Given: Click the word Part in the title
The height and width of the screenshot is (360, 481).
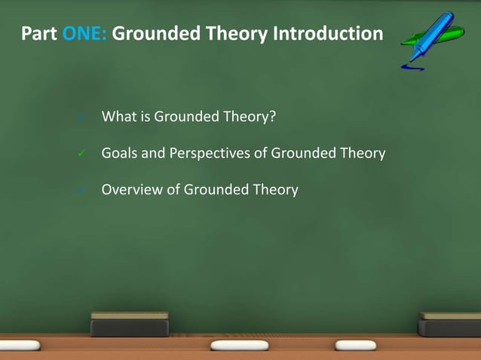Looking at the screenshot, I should pyautogui.click(x=38, y=34).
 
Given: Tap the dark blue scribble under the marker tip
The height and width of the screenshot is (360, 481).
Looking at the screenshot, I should pyautogui.click(x=412, y=68).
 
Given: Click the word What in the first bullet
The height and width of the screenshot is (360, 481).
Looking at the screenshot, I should pyautogui.click(x=118, y=117).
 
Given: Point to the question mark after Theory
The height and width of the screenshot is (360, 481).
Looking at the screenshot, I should pyautogui.click(x=266, y=117).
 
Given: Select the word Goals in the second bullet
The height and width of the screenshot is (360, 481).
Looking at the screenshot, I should pyautogui.click(x=120, y=154).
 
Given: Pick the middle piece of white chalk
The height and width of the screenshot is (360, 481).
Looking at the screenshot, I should pyautogui.click(x=240, y=345).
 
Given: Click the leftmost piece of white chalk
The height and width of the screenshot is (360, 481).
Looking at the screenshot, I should pyautogui.click(x=22, y=345).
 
